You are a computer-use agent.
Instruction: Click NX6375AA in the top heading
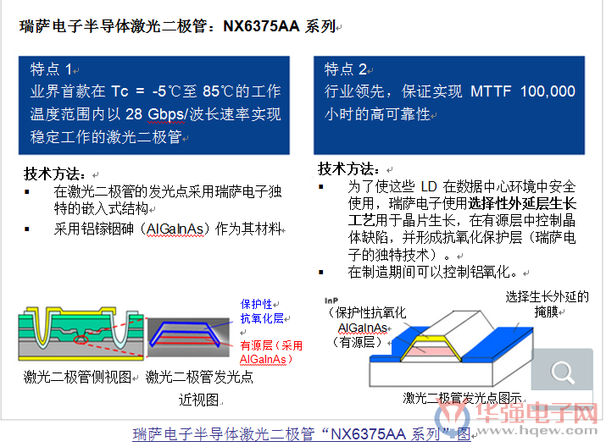261,26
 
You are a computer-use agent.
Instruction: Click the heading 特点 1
51,69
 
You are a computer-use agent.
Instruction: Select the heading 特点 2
346,69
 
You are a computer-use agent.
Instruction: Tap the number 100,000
548,91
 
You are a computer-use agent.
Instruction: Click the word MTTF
491,91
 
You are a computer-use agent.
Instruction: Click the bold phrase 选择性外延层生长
522,203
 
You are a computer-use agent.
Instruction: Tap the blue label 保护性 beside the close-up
256,304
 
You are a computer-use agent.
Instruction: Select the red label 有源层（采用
271,345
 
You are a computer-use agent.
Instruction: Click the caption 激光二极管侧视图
77,377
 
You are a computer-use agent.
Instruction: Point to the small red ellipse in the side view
81,339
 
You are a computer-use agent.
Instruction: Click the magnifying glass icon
562,372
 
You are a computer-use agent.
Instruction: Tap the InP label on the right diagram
331,301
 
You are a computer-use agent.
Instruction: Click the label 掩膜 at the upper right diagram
546,312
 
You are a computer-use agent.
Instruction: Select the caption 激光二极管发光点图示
462,398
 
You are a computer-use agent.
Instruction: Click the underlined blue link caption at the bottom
302,434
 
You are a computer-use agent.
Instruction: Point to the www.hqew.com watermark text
537,430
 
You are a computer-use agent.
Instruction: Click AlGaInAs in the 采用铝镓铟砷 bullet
175,229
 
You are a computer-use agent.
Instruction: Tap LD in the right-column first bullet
429,187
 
